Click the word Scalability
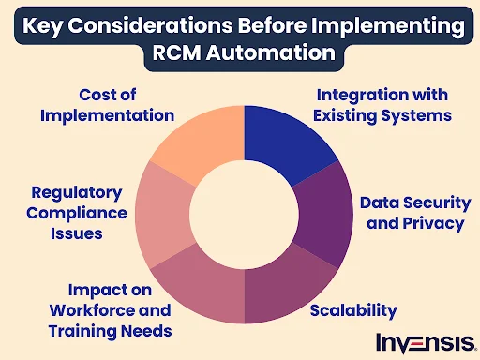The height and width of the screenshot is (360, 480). pyautogui.click(x=352, y=310)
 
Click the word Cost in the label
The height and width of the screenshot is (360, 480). pyautogui.click(x=90, y=95)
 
